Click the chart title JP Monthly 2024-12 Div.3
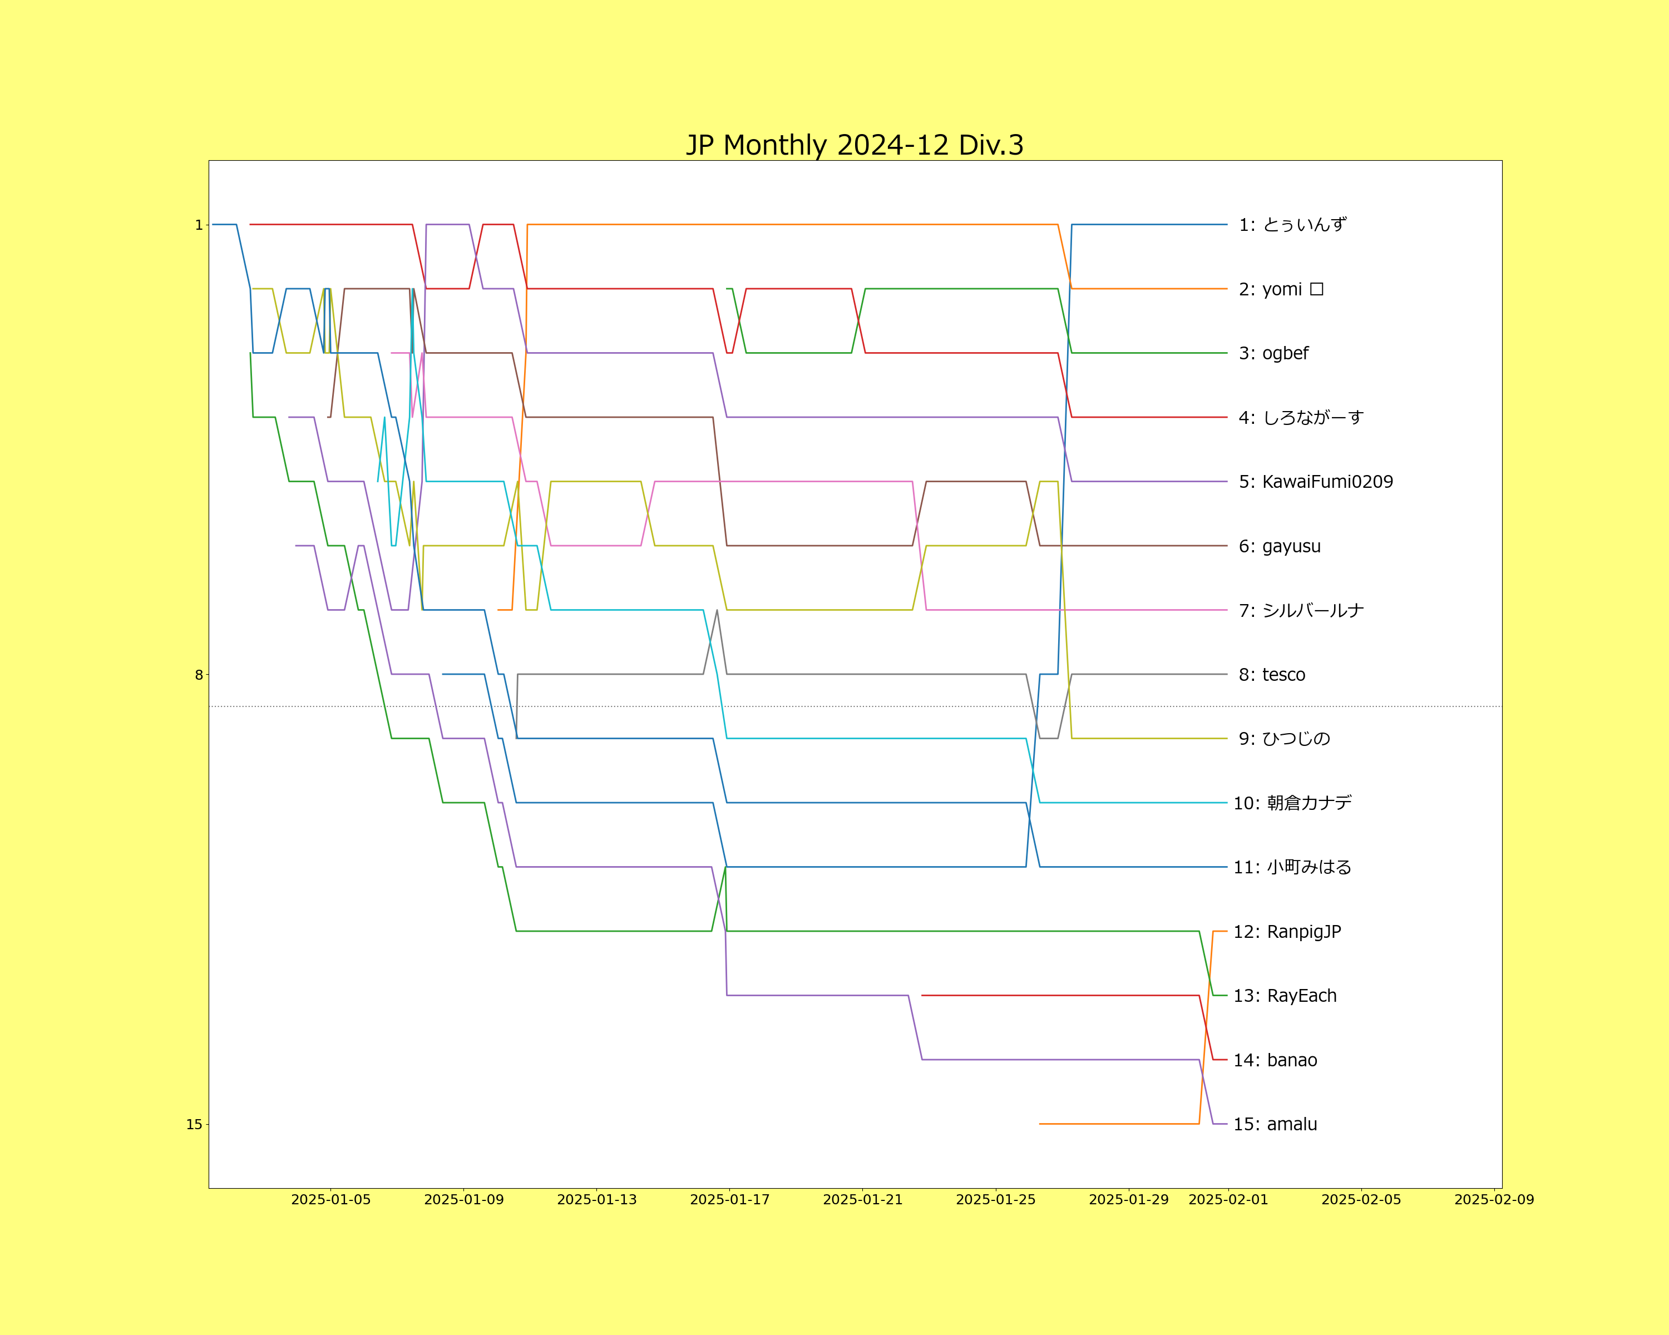point(855,145)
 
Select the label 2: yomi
point(1281,289)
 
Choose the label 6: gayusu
point(1280,546)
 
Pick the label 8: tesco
point(1272,675)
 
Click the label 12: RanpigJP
point(1287,932)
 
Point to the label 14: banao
point(1275,1060)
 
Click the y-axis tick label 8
point(198,675)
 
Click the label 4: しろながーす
point(1301,418)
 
